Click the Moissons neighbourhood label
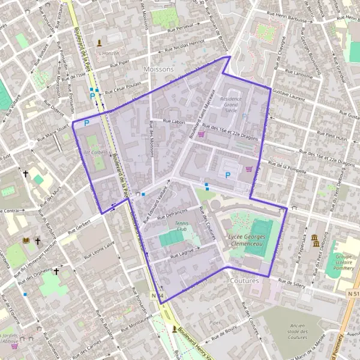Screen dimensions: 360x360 click(x=158, y=69)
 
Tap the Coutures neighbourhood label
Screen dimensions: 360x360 click(x=244, y=280)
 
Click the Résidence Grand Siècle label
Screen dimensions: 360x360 click(x=231, y=104)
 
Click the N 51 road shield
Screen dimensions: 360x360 click(x=353, y=294)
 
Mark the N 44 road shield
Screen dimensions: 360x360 click(x=157, y=295)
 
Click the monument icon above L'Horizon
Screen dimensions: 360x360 click(x=100, y=43)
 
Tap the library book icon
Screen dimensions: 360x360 click(x=25, y=241)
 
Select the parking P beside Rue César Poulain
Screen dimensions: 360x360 click(x=92, y=95)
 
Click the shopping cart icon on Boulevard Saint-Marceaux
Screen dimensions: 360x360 click(x=201, y=134)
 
